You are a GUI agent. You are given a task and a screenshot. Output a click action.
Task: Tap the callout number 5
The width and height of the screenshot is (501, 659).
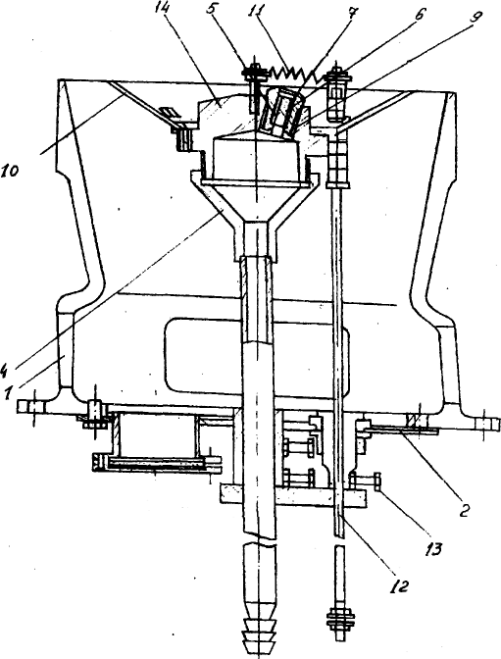click(214, 10)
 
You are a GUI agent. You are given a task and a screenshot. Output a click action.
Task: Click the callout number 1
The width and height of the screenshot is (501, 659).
click(7, 394)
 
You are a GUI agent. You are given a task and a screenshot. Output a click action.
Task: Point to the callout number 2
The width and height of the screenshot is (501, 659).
click(464, 510)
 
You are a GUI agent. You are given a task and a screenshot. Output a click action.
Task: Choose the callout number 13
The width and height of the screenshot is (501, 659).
click(434, 549)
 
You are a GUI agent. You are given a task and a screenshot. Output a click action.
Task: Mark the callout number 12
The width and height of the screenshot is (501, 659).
click(400, 586)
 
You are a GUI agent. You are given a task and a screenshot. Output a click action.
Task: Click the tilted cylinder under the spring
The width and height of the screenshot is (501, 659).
click(279, 112)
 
